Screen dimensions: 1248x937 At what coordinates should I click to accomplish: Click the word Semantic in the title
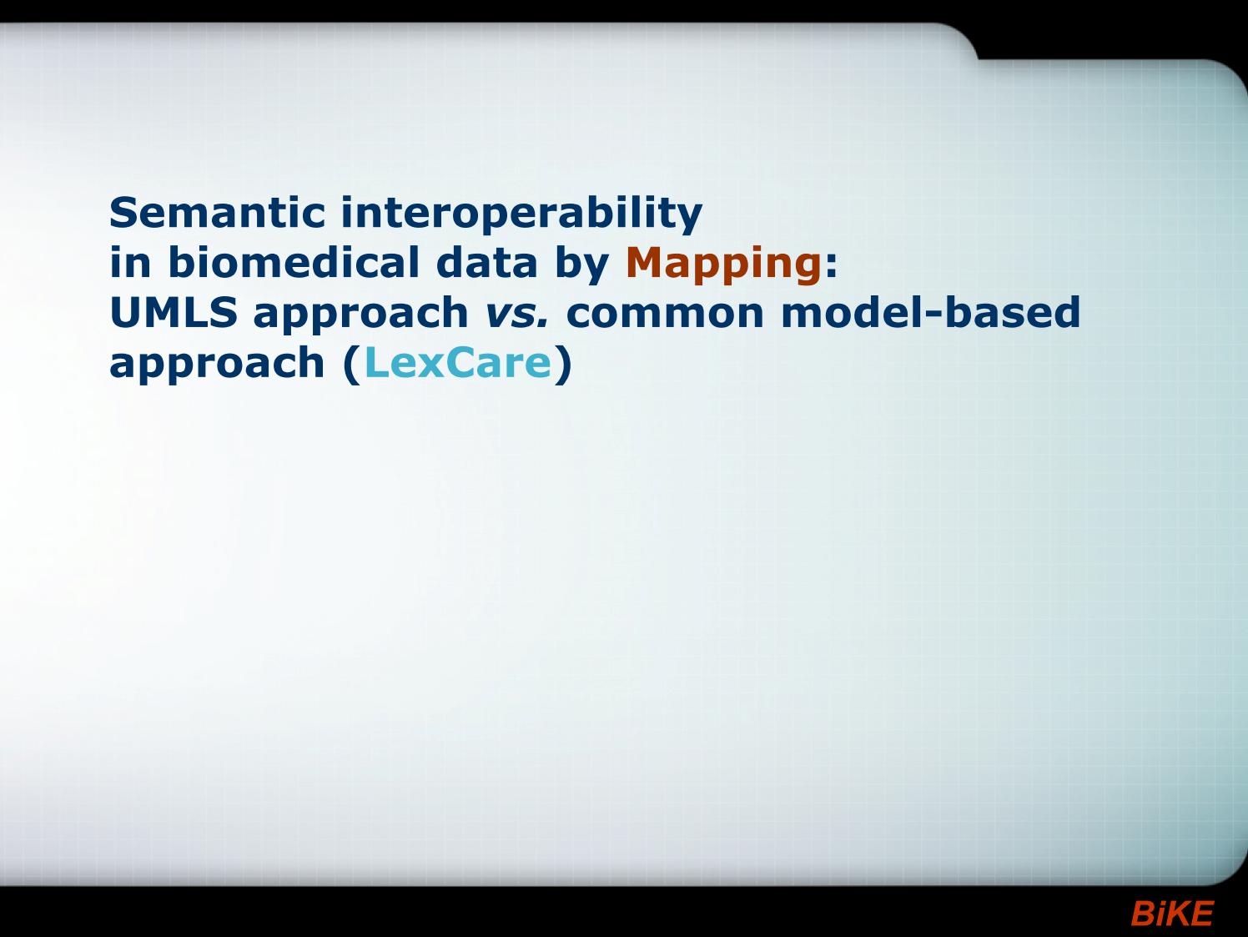tap(217, 212)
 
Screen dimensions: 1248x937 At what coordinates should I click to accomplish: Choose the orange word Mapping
tap(724, 265)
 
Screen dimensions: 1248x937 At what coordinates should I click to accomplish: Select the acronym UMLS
tap(174, 312)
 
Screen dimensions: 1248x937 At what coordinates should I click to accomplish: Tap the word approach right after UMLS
tap(360, 315)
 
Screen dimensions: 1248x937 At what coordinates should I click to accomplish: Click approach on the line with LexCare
tap(217, 365)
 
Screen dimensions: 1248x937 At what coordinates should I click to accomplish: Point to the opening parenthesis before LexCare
tap(352, 365)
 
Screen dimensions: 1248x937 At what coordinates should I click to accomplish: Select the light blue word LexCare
tap(458, 362)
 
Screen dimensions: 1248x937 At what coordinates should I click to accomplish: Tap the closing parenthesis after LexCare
tap(563, 365)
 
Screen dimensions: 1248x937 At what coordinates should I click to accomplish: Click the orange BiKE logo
tap(1172, 914)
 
